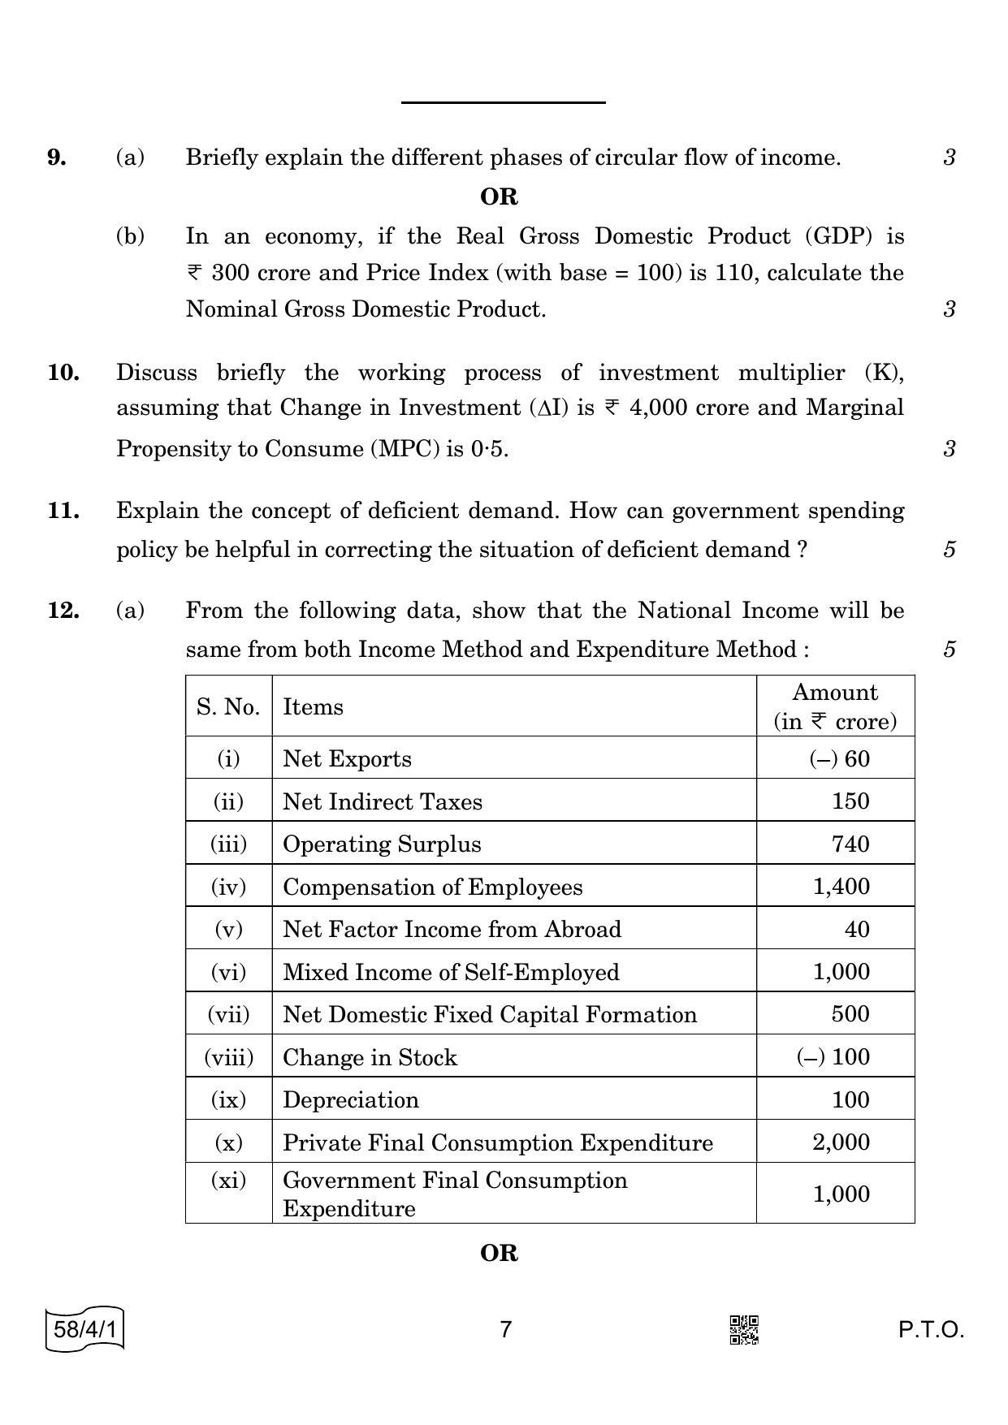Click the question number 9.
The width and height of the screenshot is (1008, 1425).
point(57,157)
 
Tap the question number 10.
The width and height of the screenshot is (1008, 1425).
point(63,373)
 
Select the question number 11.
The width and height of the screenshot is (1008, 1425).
point(63,511)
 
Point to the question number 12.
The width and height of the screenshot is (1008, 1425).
point(63,610)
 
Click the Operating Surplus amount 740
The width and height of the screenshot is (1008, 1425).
point(850,844)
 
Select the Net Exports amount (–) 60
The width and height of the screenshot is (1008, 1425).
point(839,758)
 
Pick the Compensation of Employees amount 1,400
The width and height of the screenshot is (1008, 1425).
point(841,886)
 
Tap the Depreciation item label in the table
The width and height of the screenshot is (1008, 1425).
point(351,1099)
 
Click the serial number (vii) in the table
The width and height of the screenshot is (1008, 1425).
point(228,1014)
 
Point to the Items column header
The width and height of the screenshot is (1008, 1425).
point(313,706)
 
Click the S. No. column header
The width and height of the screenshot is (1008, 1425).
point(228,706)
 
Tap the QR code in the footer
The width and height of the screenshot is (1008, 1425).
point(744,1330)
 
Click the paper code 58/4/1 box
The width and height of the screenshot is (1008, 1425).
point(85,1330)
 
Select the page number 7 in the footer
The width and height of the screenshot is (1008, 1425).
point(505,1329)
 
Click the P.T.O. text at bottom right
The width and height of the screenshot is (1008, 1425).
point(931,1330)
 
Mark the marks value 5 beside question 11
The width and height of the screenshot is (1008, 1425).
point(949,550)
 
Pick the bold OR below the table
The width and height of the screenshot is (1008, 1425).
point(499,1253)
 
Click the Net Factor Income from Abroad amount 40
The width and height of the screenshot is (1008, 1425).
point(857,929)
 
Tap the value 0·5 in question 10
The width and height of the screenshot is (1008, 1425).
point(489,448)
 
